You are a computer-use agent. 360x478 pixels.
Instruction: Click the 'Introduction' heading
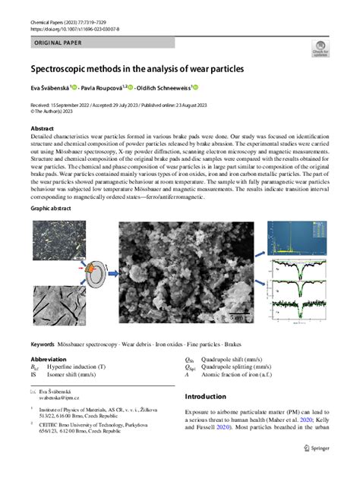point(216,396)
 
